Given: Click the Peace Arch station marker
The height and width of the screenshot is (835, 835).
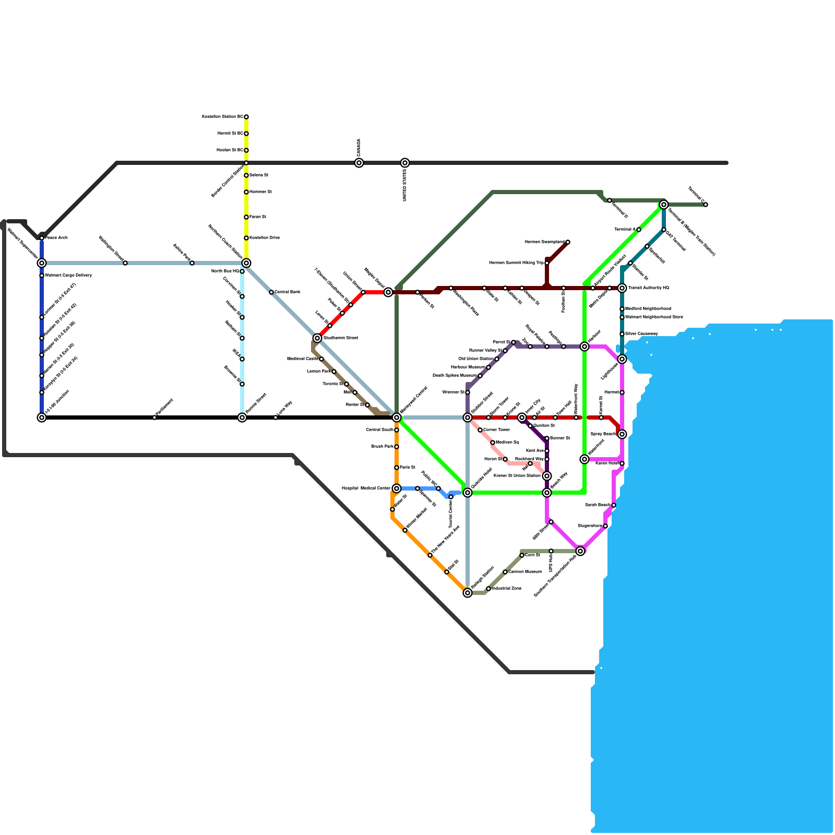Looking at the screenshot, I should (x=42, y=238).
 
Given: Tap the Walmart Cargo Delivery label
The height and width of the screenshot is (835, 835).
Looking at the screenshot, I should (x=68, y=276).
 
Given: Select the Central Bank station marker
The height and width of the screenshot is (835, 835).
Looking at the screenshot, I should (x=271, y=292).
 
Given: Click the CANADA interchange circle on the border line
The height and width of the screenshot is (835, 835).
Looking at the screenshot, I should (x=359, y=163).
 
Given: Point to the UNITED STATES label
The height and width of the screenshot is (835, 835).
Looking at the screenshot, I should (x=404, y=185).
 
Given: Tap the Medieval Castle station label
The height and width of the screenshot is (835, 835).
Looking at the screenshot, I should (x=303, y=359).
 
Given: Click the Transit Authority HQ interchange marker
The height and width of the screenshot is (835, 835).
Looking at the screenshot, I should (x=622, y=288).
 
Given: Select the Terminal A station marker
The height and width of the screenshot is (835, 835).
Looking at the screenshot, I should (x=639, y=230).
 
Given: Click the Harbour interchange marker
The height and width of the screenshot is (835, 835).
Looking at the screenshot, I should (x=584, y=347).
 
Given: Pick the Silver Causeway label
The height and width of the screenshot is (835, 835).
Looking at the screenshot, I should (x=641, y=334).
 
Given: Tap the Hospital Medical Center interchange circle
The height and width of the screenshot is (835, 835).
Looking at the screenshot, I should (x=397, y=488).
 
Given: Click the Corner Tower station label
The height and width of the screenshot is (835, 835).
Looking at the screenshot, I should (x=496, y=430).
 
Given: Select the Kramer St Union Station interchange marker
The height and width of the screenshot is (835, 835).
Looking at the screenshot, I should (x=547, y=476).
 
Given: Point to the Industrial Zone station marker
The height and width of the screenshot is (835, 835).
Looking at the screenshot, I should (x=488, y=589).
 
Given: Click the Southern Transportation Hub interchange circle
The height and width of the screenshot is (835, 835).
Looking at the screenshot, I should (x=580, y=551).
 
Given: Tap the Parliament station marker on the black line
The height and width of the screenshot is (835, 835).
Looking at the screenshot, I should (x=154, y=417).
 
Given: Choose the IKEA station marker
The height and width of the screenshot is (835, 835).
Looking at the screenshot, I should (x=242, y=359).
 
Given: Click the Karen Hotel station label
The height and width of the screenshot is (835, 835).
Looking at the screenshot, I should (x=607, y=463).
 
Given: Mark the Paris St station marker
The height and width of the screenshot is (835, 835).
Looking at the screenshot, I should (x=397, y=468).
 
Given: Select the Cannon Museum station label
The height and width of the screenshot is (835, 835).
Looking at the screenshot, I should (x=524, y=572).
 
